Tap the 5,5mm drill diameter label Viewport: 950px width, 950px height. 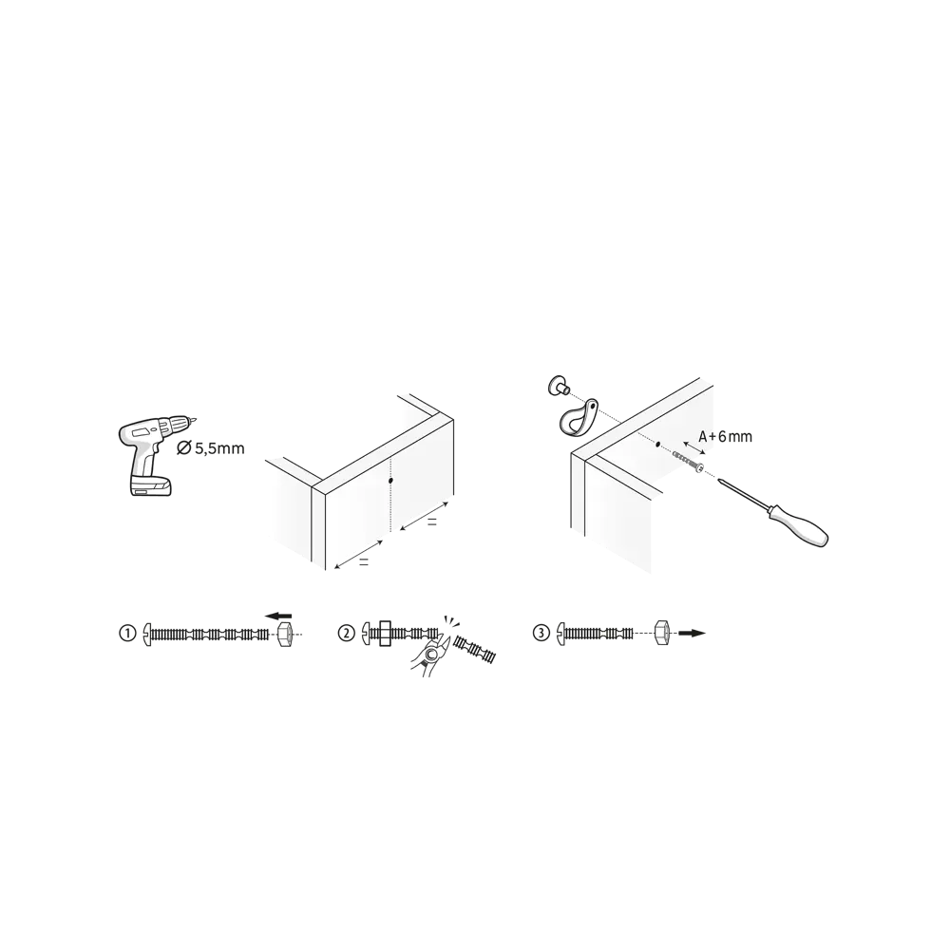210,448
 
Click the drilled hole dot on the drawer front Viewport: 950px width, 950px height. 390,481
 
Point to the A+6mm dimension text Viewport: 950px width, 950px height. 725,436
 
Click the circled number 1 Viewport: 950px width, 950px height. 127,634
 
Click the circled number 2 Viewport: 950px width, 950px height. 346,634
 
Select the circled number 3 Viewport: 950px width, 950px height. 541,634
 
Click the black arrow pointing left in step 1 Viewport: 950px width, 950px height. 278,617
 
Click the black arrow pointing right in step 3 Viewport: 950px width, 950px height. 692,633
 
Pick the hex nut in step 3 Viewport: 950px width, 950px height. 663,633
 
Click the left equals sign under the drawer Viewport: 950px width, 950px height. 364,562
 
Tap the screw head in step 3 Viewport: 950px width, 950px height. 561,634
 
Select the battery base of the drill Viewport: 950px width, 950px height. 151,485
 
